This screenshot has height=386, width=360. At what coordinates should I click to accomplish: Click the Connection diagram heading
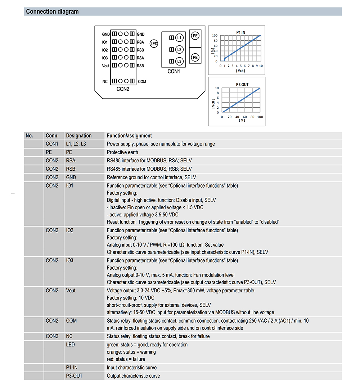pos(52,12)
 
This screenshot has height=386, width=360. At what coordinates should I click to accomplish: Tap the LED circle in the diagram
pos(154,44)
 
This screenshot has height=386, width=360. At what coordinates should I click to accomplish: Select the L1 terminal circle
pos(179,38)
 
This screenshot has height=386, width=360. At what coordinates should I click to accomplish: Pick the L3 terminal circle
pos(179,61)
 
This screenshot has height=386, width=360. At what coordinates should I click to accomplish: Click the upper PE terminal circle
pos(195,36)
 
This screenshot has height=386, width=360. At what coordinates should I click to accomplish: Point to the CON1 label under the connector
pos(174,71)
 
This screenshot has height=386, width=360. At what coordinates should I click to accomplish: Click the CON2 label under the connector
pos(123,89)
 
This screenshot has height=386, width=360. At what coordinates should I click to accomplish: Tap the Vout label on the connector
pos(105,66)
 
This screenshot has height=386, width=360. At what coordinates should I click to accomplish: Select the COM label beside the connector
pos(142,82)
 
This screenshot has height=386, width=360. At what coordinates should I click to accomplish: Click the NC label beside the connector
pos(105,82)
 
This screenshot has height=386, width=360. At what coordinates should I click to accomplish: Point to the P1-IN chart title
pos(241,32)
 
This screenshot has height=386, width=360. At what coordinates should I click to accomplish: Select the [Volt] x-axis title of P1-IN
pos(240,71)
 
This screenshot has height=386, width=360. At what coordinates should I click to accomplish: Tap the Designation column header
pos(79,136)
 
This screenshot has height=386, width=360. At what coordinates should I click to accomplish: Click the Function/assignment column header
pos(129,136)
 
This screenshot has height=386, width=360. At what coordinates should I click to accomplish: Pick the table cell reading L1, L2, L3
pos(76,144)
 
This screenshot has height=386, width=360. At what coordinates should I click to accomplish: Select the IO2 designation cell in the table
pos(69,230)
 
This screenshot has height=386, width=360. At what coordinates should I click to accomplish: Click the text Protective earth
pos(122,152)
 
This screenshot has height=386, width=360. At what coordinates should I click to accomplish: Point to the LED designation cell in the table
pos(71,345)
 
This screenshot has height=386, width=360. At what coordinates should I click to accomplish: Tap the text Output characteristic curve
pos(133,376)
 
